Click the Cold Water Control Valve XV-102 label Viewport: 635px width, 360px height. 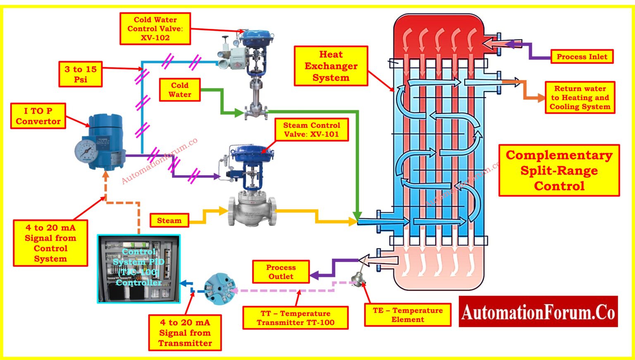(x=155, y=29)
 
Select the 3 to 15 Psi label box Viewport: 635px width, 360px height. (x=81, y=74)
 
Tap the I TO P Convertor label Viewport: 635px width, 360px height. (x=38, y=116)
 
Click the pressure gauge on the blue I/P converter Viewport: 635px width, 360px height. (x=86, y=150)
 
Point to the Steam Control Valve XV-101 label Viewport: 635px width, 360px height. (x=311, y=130)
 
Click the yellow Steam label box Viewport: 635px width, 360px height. (x=169, y=221)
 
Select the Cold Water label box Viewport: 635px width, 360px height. (x=180, y=90)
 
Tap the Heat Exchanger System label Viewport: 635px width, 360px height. (x=331, y=66)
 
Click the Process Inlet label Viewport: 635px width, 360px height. (x=582, y=57)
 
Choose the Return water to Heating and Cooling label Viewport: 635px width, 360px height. (x=580, y=98)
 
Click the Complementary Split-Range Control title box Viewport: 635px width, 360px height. (x=559, y=170)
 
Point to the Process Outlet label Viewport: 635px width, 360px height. (x=281, y=272)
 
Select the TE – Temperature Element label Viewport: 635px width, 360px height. (x=408, y=315)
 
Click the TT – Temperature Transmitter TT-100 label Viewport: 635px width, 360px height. (x=295, y=318)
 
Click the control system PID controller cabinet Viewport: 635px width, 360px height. (x=138, y=269)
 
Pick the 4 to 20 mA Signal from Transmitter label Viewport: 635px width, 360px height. (x=185, y=333)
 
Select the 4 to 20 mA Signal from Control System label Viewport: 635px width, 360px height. (x=50, y=243)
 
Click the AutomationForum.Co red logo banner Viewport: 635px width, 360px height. (x=538, y=312)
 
